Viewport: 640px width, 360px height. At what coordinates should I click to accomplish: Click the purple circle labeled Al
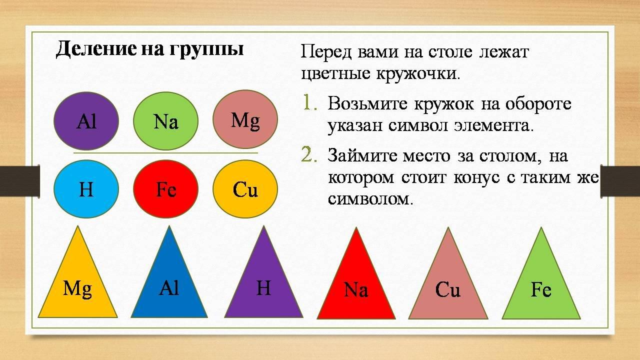86,121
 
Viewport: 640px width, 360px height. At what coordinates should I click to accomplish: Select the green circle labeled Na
165,121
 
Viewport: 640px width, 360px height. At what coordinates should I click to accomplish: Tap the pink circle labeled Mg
245,119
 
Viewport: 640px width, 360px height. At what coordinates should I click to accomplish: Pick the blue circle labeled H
86,189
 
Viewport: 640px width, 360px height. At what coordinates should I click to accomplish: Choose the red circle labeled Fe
165,189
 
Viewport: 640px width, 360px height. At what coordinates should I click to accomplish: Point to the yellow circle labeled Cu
245,189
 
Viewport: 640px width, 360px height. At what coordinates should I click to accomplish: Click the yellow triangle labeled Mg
77,285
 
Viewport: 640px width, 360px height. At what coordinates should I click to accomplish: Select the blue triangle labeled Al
169,285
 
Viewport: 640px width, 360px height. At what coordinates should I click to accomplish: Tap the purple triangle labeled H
263,285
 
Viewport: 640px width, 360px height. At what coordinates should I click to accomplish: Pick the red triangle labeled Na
356,287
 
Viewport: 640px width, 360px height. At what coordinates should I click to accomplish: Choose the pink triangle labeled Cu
448,287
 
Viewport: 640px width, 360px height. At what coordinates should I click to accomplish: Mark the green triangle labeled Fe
541,287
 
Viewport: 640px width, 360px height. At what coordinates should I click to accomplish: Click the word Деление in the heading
96,49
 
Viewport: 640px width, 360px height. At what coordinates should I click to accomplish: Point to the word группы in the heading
207,50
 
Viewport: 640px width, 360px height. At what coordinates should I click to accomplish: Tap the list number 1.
309,103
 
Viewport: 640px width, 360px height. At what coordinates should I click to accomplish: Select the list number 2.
309,155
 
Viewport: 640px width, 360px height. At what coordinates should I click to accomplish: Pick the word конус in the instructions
476,177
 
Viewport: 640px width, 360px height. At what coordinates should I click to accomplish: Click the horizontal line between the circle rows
165,153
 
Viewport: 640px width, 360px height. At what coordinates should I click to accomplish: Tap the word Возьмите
367,103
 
